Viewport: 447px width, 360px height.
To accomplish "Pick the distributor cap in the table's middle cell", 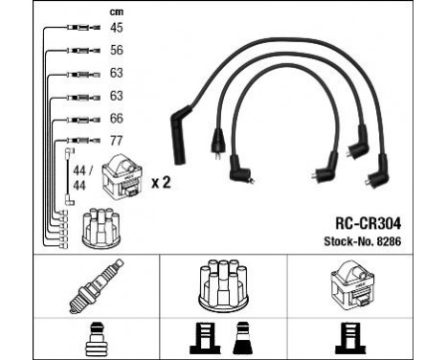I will (x=222, y=284).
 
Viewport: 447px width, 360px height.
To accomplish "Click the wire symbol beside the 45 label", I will (x=77, y=30).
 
